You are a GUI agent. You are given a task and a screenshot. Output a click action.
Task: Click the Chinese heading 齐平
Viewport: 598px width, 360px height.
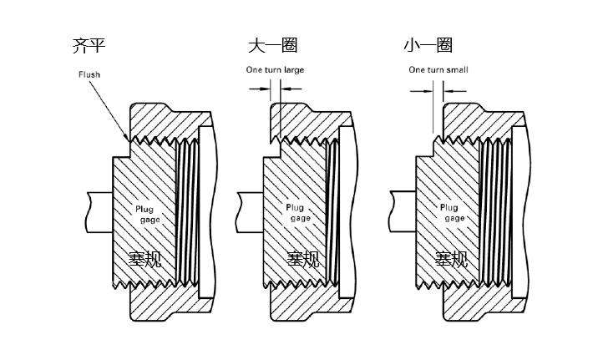(89, 45)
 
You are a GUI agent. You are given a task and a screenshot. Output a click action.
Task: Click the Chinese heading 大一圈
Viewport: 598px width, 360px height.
(272, 45)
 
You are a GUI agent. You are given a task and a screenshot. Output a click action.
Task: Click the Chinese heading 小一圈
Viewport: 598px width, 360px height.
(428, 45)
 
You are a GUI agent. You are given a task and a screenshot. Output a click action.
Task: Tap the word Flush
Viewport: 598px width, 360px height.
(89, 74)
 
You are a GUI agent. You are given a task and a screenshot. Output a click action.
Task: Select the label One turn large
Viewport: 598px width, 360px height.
(275, 70)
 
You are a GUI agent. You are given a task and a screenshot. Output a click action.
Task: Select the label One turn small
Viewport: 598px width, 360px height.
(438, 70)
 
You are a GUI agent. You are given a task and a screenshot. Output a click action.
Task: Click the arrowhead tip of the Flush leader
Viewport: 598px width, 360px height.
(128, 140)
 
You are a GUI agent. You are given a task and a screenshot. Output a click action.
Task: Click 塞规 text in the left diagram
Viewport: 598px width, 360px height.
(144, 259)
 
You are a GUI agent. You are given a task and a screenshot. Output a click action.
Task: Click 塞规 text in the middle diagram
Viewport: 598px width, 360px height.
(303, 259)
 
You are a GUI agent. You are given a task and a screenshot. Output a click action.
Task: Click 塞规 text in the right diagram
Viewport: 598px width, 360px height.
(451, 259)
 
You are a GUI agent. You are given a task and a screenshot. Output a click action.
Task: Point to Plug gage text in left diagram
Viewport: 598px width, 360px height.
(148, 215)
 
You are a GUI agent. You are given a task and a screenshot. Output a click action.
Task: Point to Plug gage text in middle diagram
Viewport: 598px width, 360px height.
(298, 213)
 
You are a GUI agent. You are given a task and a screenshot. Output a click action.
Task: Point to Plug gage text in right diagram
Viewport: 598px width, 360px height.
(452, 213)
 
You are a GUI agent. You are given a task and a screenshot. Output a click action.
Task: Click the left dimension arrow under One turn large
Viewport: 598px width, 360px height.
(260, 89)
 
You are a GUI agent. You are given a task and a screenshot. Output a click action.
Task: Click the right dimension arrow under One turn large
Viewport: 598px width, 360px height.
(291, 89)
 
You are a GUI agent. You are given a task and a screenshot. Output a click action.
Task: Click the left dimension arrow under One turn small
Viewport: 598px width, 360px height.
(422, 91)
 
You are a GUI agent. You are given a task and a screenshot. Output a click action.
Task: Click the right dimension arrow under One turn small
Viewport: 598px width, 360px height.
(455, 91)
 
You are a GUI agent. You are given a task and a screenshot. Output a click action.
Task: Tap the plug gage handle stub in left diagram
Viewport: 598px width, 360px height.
(99, 212)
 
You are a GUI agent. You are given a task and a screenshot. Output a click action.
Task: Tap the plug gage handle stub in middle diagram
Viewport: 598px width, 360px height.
(250, 212)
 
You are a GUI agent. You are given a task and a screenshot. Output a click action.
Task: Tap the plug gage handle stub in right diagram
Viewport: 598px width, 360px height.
(403, 211)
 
